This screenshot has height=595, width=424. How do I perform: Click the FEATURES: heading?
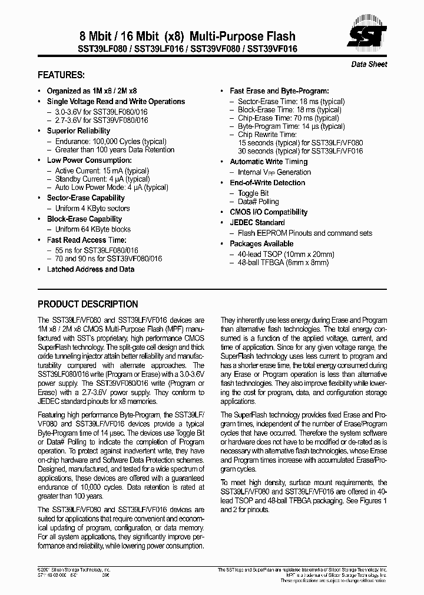(x=61, y=75)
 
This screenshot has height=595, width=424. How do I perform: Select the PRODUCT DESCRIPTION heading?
(x=88, y=304)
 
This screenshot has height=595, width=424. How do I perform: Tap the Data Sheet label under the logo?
(x=369, y=64)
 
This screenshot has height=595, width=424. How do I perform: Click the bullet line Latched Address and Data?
(x=90, y=269)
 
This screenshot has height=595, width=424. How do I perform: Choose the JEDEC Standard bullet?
(x=257, y=223)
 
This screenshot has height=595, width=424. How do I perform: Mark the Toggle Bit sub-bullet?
(x=253, y=193)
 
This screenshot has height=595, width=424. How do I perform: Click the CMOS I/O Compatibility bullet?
(x=268, y=212)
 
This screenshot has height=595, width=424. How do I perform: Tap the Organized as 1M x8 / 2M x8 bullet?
(x=91, y=91)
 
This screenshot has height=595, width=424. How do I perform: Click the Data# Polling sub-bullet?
(x=257, y=202)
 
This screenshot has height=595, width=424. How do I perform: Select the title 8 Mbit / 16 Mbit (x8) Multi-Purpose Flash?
(x=167, y=36)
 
